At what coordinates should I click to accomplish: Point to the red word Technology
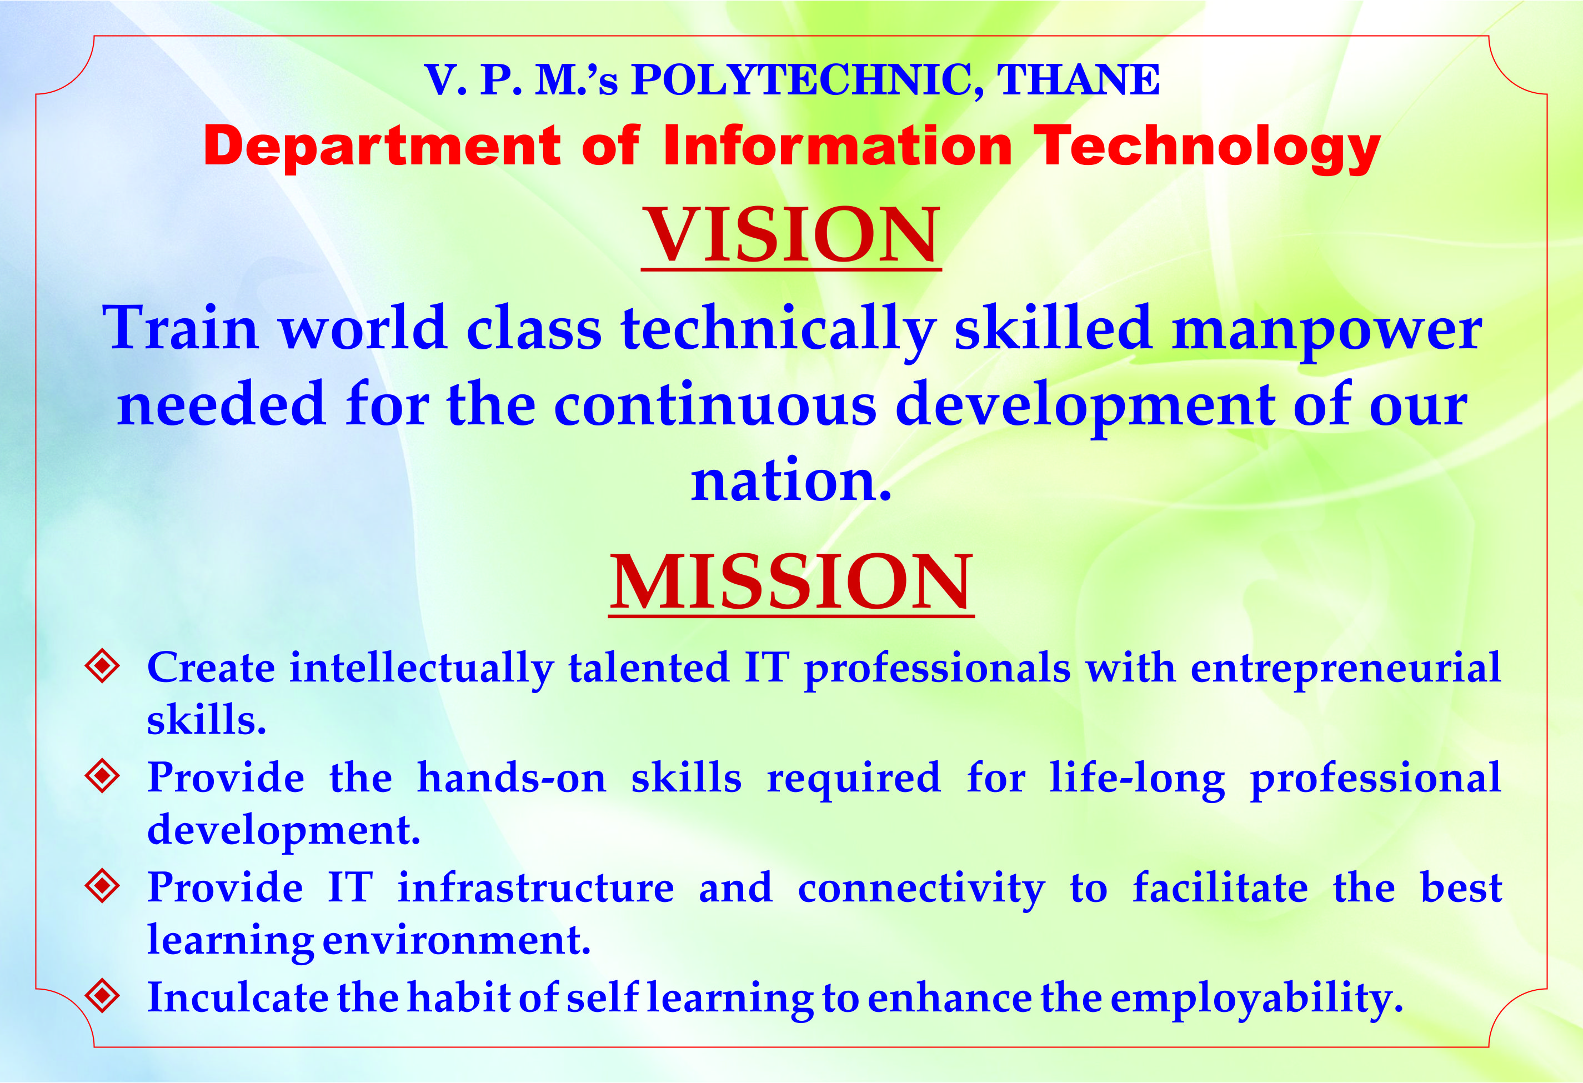[1207, 148]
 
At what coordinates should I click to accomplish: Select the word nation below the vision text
[791, 482]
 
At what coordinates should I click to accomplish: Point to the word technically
[779, 330]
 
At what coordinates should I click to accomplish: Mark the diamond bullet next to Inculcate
[103, 996]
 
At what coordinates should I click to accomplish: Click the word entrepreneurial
[1346, 670]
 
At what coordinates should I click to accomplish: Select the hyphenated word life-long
[1137, 780]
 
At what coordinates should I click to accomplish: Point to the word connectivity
[921, 890]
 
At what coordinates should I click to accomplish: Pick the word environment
[457, 941]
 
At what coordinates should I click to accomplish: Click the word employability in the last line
[1257, 1000]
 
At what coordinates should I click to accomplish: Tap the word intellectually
[422, 670]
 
